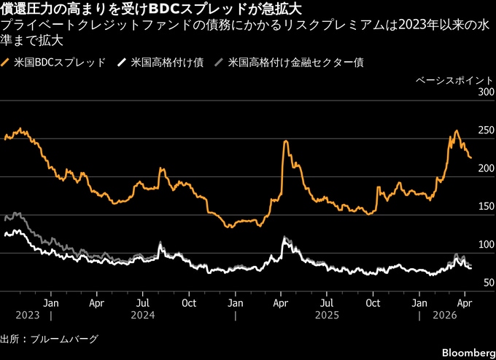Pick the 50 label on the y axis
tap(486, 282)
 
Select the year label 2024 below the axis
tap(144, 316)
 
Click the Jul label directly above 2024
tap(144, 301)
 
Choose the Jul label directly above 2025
tap(328, 301)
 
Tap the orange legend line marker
tap(7, 63)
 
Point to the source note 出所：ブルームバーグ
tap(49, 339)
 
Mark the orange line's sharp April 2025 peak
tap(285, 141)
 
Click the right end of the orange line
tap(470, 157)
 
